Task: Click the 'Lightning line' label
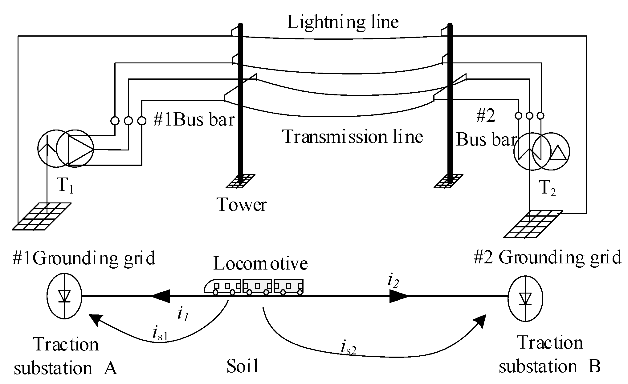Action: (x=343, y=22)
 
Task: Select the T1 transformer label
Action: (x=65, y=186)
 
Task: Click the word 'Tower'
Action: (x=242, y=204)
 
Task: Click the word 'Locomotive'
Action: (x=260, y=264)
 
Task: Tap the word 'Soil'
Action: (x=243, y=366)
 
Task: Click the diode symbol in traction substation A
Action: (x=64, y=296)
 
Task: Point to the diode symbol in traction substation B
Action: (x=525, y=298)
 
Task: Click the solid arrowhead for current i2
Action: (x=398, y=296)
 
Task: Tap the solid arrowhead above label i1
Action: (x=161, y=296)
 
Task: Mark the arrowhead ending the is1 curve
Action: (x=95, y=320)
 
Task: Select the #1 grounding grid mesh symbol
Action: (x=42, y=216)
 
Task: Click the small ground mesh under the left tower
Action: (x=240, y=181)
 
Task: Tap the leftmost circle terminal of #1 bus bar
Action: (x=115, y=121)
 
